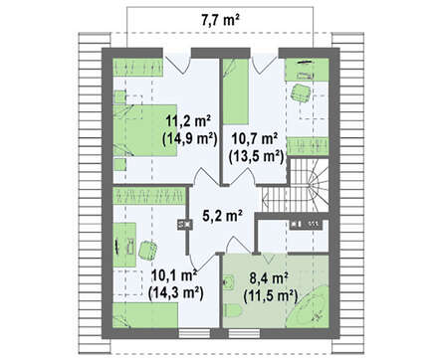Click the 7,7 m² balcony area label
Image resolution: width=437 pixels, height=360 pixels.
point(220,20)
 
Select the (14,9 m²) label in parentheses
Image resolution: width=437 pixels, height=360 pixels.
point(190,139)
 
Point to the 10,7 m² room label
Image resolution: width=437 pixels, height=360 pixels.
point(255,138)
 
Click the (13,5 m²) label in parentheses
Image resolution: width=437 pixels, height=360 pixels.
point(256,156)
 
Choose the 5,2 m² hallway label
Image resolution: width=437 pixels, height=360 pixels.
point(222,216)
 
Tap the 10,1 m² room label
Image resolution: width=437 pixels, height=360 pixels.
point(174,275)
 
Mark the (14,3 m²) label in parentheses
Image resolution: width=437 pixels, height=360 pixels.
point(175,292)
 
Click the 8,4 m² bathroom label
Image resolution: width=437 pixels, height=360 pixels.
point(269,278)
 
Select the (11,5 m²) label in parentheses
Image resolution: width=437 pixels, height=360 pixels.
point(271,295)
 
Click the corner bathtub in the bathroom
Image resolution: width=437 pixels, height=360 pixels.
point(310,308)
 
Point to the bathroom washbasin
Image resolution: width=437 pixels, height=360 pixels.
point(229,282)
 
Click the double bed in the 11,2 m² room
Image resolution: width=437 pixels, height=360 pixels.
point(145,130)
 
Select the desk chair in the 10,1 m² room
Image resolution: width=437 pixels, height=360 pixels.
point(147,251)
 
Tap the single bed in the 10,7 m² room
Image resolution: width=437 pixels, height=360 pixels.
point(235,91)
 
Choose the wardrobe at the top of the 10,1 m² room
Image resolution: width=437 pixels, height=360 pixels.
point(148,196)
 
